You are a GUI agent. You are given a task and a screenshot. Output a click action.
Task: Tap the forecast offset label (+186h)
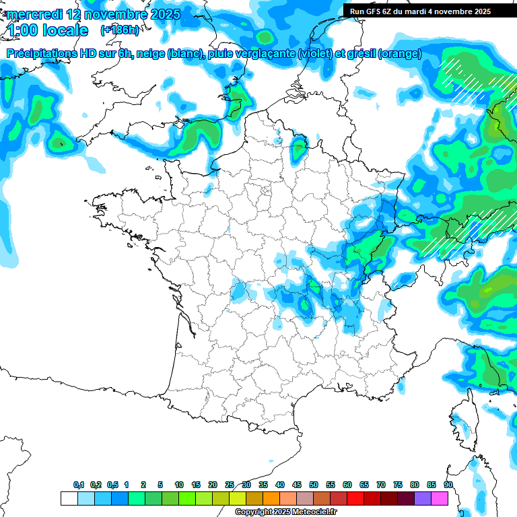[120, 30]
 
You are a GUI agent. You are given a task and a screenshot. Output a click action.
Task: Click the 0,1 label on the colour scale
[78, 485]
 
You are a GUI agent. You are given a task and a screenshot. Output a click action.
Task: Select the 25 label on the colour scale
[230, 485]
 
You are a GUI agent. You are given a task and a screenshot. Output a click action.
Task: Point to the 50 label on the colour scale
[314, 485]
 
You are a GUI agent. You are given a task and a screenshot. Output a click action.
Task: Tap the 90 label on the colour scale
[448, 485]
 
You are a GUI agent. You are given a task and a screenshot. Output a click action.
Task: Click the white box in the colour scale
[69, 498]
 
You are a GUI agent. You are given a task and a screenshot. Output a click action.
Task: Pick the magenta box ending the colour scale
[439, 498]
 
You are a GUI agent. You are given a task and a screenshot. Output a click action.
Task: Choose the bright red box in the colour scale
[355, 498]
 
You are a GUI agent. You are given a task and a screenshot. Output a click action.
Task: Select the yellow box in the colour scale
[237, 498]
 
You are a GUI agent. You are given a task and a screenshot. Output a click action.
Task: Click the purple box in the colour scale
[422, 498]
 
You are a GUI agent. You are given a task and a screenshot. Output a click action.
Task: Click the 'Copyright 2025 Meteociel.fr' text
[285, 512]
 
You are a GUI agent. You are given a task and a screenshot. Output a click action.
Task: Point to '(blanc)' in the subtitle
[184, 54]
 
